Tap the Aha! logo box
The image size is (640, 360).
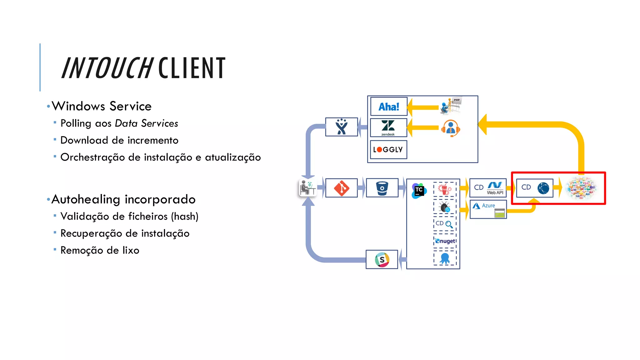389,107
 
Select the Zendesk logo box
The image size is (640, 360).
388,127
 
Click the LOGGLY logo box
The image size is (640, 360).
388,150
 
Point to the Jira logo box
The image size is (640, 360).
342,127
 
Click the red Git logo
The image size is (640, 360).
342,188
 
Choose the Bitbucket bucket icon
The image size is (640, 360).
382,188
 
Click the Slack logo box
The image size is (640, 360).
382,259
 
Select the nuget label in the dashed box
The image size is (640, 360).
446,241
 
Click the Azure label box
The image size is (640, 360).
488,209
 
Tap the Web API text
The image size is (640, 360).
495,193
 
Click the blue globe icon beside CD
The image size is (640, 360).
543,188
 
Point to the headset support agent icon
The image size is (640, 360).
450,128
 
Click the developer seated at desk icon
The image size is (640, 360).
307,188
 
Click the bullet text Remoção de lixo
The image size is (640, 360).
100,250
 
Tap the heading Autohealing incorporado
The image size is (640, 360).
123,199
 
